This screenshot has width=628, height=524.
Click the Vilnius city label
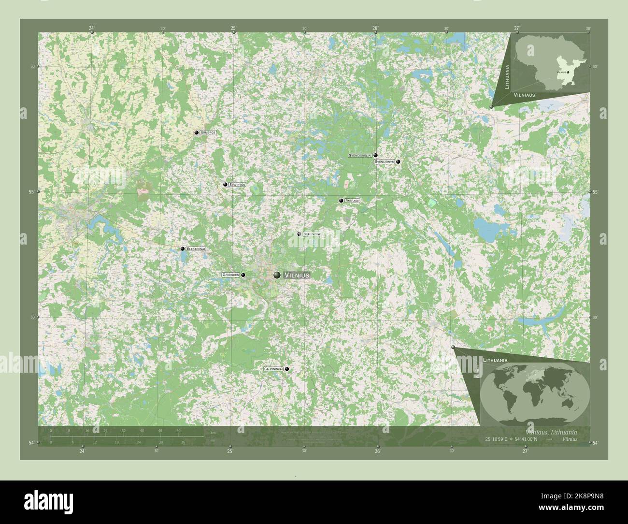(x=296, y=275)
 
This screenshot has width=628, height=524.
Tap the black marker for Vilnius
(x=277, y=275)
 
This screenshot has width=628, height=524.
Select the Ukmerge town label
(x=208, y=132)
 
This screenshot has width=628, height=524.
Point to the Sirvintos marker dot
(x=225, y=185)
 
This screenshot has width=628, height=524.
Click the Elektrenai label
(x=196, y=249)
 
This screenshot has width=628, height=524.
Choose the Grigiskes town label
(x=231, y=275)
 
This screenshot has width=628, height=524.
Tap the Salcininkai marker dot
(x=287, y=369)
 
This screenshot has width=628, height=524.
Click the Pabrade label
(x=353, y=201)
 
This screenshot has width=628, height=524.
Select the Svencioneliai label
(x=360, y=156)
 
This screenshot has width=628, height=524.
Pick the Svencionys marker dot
(x=398, y=162)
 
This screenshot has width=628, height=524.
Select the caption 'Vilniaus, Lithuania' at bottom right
(x=551, y=432)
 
